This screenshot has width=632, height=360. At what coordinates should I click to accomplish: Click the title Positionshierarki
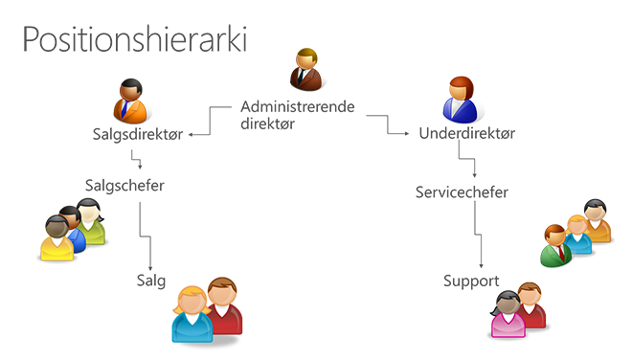135,39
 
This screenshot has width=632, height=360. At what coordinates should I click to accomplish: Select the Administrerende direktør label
298,115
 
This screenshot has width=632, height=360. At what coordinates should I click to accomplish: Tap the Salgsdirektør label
138,135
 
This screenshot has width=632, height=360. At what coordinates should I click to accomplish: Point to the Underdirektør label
466,133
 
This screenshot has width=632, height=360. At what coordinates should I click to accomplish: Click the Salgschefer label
124,186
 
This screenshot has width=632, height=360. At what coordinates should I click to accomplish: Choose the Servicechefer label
462,192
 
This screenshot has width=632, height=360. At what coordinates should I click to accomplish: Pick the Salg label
151,281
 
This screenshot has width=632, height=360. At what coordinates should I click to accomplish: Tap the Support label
471,281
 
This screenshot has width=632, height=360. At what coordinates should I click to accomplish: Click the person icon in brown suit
306,69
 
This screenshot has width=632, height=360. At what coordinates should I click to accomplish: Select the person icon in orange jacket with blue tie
130,101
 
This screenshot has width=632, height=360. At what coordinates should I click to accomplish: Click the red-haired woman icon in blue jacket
461,100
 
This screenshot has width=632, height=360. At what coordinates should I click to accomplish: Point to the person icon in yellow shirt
56,237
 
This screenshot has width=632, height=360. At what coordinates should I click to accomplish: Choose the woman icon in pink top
508,314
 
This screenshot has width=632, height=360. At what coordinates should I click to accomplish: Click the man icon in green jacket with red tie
555,246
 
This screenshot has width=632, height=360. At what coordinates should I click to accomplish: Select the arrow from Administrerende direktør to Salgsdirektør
210,121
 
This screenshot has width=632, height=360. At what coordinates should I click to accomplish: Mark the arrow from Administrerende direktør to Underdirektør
388,124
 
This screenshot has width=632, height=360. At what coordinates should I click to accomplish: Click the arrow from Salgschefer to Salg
146,236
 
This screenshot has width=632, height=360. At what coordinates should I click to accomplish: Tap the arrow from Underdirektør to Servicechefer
466,159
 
